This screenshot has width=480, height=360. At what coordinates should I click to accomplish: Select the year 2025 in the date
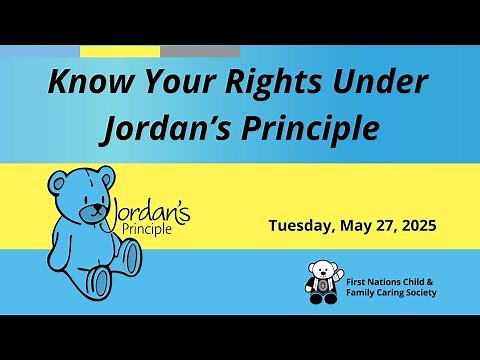coord(415,225)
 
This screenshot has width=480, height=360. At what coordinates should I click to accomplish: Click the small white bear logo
coord(322,282)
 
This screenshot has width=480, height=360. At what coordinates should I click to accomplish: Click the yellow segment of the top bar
coord(120,51)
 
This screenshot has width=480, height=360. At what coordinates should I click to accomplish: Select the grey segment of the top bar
coord(200,51)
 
